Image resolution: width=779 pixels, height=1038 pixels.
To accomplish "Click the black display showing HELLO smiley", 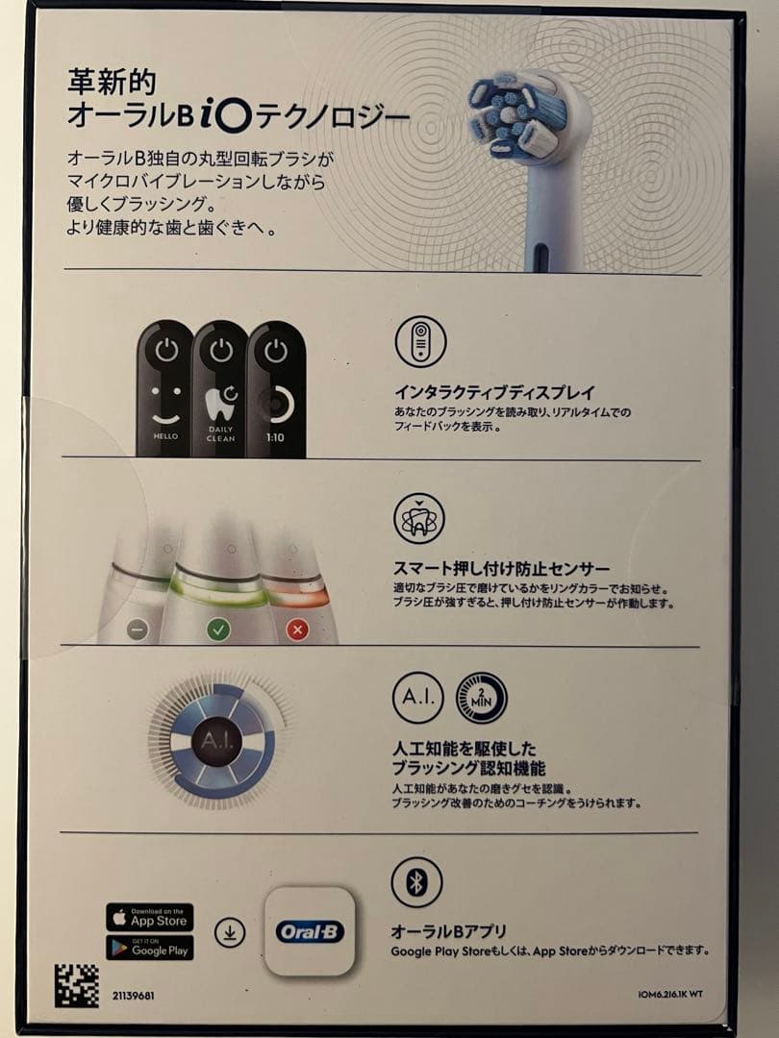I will point(164,389).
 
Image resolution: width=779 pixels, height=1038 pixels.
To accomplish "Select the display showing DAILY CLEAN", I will point(220,389).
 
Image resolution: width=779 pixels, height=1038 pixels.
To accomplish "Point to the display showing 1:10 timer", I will point(276,389).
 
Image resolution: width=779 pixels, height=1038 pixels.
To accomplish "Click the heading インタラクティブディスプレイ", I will point(495,392).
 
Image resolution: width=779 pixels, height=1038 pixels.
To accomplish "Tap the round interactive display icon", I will point(420,341).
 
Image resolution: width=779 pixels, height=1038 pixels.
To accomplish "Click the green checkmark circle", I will point(219,630).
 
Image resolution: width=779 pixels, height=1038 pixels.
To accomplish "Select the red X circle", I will point(298,630).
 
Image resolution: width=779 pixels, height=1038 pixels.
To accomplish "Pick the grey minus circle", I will point(138,630).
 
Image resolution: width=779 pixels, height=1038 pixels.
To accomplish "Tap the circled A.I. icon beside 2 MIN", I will point(417,698).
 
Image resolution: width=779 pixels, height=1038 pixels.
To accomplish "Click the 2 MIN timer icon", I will point(481,698).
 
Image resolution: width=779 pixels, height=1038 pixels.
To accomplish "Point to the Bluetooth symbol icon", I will point(416,882).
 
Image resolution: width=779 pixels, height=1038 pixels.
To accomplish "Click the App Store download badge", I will point(149,917).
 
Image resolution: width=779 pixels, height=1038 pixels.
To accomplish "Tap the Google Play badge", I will point(149,948).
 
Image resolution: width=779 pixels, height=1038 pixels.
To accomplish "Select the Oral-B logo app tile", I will point(310,931).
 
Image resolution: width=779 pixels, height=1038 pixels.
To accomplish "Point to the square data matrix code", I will point(76,985).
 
